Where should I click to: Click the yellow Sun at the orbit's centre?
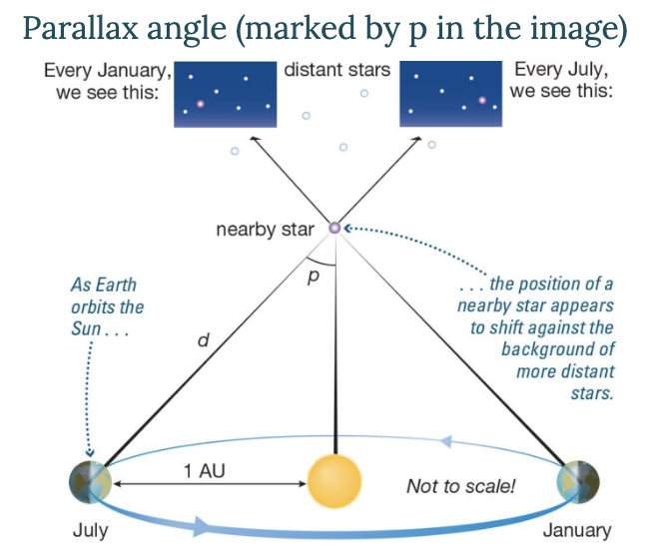(x=334, y=481)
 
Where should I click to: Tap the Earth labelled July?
(x=91, y=482)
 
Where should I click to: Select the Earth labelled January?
(x=577, y=482)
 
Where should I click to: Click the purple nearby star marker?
(x=334, y=228)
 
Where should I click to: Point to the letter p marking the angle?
(x=314, y=277)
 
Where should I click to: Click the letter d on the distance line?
(x=204, y=339)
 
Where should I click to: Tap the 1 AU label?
(x=204, y=470)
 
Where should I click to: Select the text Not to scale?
(x=460, y=486)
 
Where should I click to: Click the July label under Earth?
(x=91, y=530)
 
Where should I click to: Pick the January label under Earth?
(x=577, y=530)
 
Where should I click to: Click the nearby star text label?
(x=265, y=230)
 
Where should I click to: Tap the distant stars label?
(x=336, y=70)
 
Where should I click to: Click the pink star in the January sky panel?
(x=201, y=104)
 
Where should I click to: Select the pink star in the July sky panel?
(x=482, y=100)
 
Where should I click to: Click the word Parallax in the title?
(x=81, y=29)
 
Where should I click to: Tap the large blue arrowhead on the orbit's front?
(x=202, y=526)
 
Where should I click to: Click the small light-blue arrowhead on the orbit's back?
(x=446, y=441)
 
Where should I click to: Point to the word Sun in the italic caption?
(x=86, y=328)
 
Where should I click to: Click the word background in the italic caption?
(x=558, y=350)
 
